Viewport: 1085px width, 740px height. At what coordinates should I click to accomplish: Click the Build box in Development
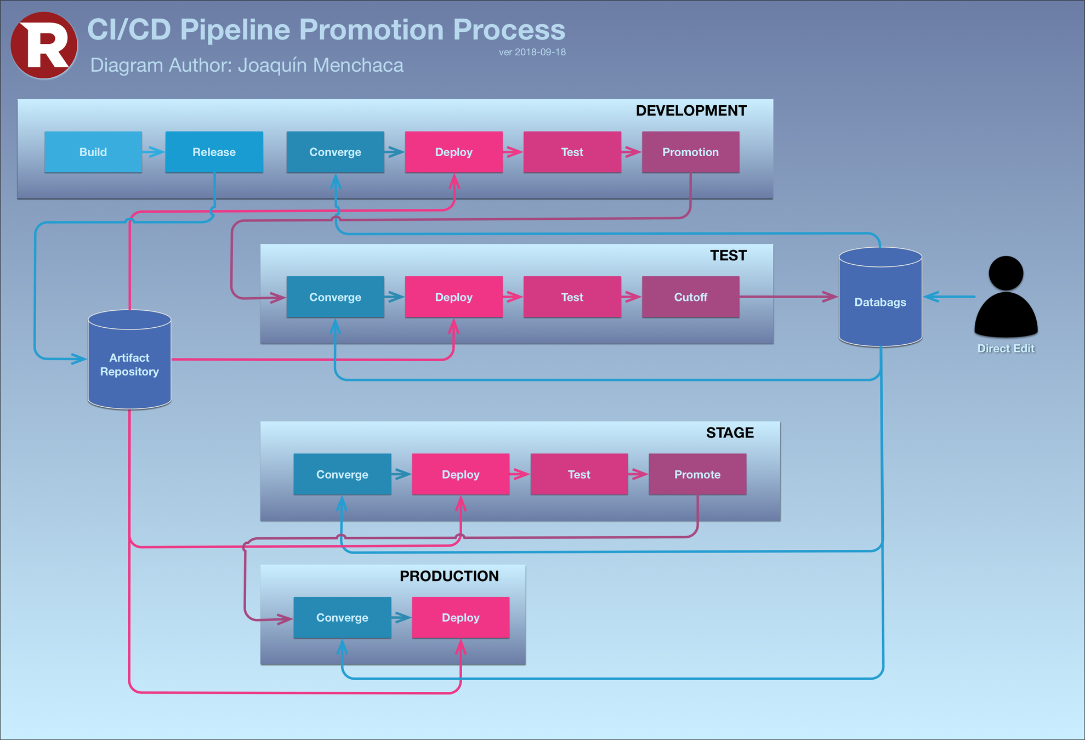click(93, 152)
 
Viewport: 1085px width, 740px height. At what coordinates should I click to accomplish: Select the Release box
click(214, 152)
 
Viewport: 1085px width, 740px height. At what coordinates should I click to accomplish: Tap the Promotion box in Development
click(690, 152)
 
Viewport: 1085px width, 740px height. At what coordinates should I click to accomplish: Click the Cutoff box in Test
click(690, 297)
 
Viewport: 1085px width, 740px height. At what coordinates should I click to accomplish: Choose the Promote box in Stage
click(697, 474)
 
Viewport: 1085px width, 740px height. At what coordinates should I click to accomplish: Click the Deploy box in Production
click(461, 617)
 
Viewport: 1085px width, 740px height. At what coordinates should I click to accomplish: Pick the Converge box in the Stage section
click(342, 474)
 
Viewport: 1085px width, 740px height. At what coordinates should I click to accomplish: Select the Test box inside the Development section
click(572, 152)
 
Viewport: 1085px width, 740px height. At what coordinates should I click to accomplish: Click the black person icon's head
click(1006, 272)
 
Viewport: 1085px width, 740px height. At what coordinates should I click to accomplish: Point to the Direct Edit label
click(1006, 349)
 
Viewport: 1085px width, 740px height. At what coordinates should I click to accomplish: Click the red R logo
click(44, 45)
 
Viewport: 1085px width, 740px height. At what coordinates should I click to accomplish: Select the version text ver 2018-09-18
click(532, 52)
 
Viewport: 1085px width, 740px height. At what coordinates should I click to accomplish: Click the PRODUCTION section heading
click(449, 576)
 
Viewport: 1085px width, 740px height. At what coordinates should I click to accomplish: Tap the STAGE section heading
click(730, 433)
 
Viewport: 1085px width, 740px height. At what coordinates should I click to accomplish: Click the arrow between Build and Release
click(154, 152)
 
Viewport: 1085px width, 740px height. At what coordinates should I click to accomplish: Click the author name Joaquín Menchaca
click(320, 65)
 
